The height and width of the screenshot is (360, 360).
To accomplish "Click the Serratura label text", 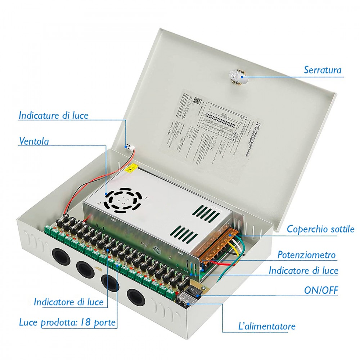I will (x=322, y=69).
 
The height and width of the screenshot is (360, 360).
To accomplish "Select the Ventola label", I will (x=33, y=141).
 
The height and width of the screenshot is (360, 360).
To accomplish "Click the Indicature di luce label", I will (x=53, y=116).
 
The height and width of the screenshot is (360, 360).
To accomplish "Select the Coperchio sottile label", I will (x=320, y=229).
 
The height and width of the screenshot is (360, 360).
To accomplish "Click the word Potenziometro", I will (x=306, y=255).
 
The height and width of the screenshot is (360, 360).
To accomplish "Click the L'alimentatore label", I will (x=267, y=327).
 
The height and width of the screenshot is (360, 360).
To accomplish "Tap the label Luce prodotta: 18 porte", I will (x=67, y=322).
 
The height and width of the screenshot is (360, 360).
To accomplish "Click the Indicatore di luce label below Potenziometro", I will (x=303, y=270).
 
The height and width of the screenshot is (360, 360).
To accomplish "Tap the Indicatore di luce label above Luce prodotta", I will (x=68, y=302).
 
